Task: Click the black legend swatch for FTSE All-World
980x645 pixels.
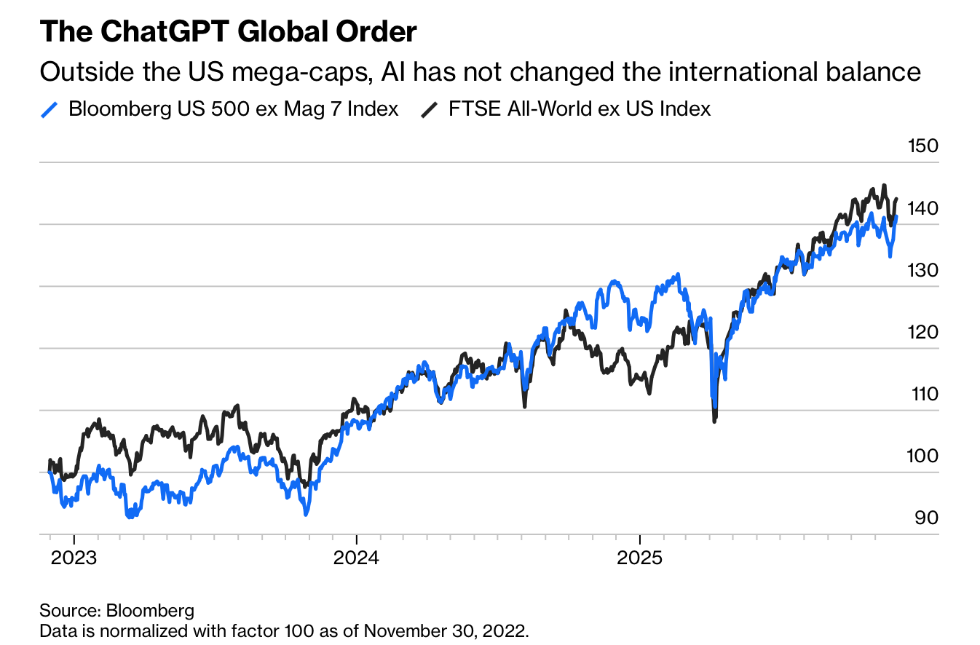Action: pyautogui.click(x=430, y=110)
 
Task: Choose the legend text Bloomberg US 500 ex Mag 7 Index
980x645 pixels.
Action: pyautogui.click(x=233, y=109)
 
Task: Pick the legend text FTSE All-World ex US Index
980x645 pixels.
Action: pyautogui.click(x=580, y=109)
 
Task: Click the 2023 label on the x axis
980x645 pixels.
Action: pyautogui.click(x=74, y=558)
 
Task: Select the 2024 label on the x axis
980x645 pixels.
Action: pyautogui.click(x=356, y=558)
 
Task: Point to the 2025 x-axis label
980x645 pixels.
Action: pyautogui.click(x=639, y=558)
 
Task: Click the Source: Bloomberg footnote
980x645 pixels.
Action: pyautogui.click(x=117, y=610)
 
